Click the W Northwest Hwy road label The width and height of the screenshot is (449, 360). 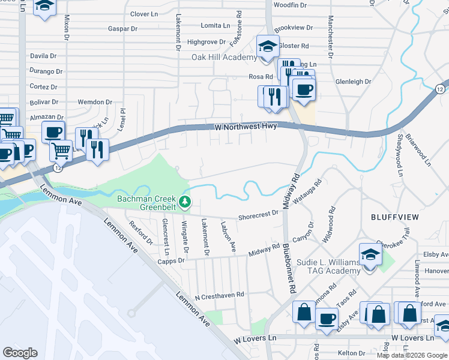coord(246,127)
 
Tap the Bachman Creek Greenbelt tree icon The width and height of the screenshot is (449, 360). coord(186,200)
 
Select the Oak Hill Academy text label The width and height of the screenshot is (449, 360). coord(224,58)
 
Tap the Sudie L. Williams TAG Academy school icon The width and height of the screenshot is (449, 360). coord(370,254)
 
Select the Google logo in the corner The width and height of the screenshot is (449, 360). coord(20,352)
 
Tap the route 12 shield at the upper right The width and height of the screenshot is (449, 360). coord(440,89)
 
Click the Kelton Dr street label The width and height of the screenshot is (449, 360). coord(352,353)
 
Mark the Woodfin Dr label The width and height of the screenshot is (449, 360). coord(290,5)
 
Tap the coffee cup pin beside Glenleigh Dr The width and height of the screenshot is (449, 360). coord(303,89)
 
